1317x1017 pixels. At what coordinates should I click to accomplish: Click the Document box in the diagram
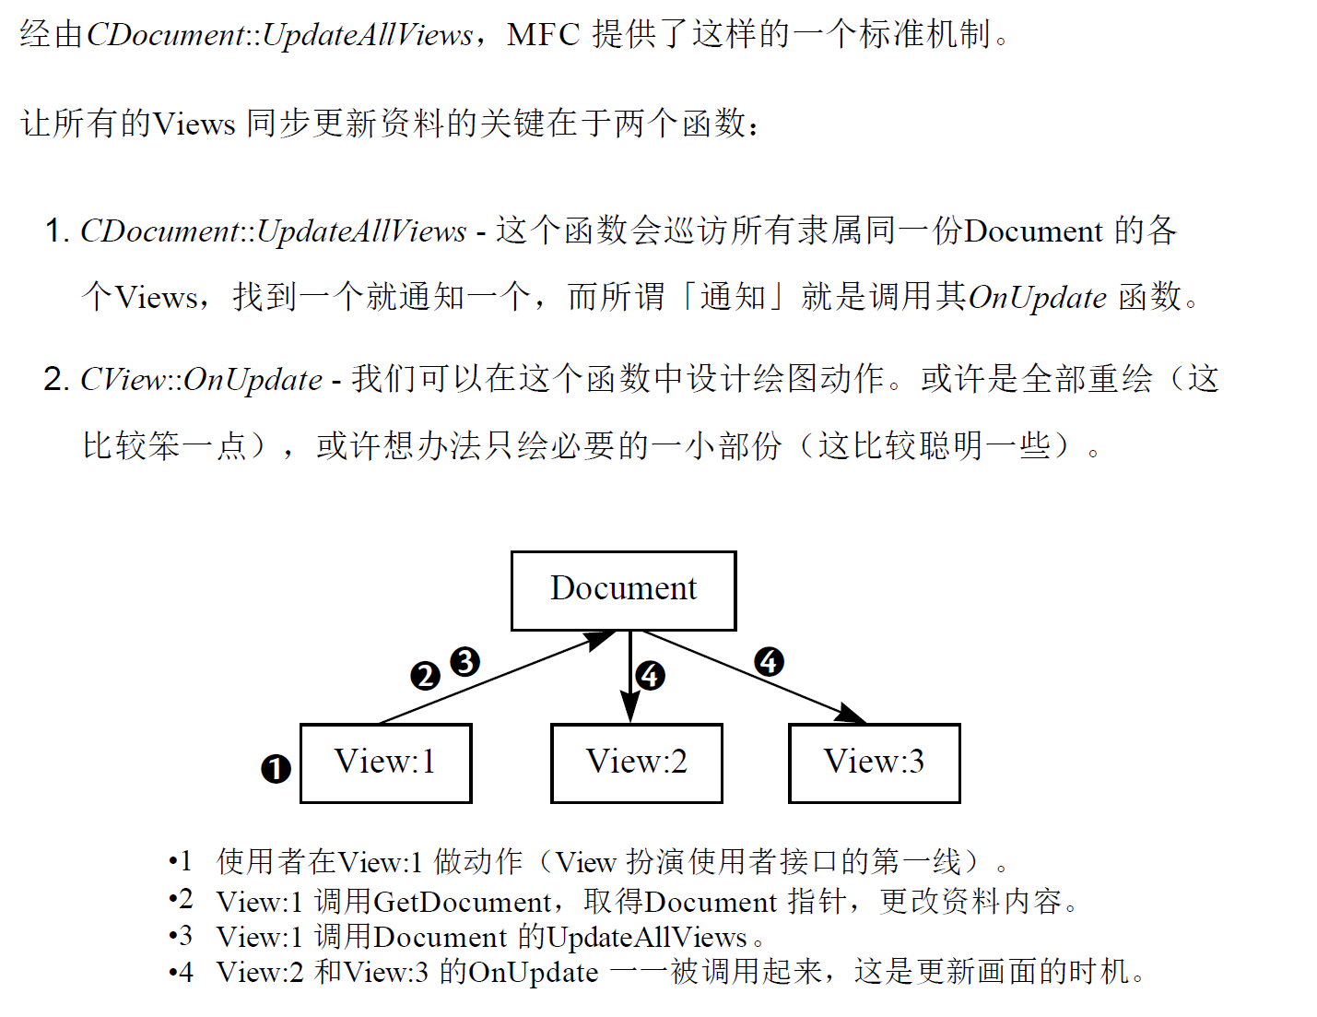point(623,590)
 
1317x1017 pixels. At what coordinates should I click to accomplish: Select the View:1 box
point(385,763)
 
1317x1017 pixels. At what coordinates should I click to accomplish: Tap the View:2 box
point(636,763)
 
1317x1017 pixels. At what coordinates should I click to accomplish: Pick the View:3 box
point(874,763)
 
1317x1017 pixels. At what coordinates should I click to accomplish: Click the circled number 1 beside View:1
point(276,768)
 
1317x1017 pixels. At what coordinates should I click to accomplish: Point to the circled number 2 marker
point(425,676)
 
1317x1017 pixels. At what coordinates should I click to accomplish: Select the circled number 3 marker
point(464,661)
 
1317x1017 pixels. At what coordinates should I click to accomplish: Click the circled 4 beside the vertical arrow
point(650,675)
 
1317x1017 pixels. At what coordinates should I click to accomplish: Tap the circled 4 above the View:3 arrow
point(769,661)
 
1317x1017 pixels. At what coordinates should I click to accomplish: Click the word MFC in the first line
point(543,35)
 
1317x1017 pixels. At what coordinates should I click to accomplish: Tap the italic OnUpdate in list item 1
point(1037,297)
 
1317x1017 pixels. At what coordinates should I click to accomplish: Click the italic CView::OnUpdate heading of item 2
point(201,379)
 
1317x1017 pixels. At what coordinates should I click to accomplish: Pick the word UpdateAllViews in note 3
point(646,937)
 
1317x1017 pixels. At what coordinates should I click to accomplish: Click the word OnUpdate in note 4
point(534,972)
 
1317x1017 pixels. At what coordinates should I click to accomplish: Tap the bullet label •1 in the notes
point(181,861)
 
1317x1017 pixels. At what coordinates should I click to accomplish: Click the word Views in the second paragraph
point(194,124)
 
